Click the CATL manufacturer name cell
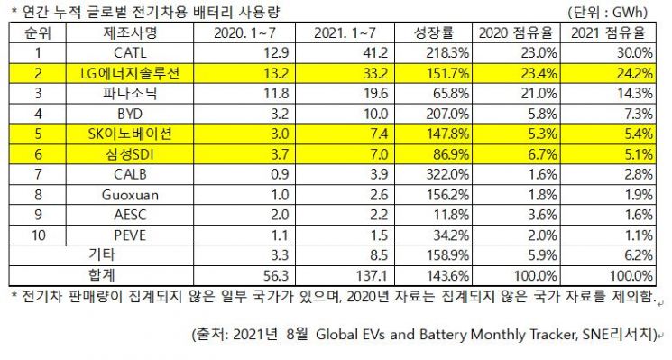pyautogui.click(x=130, y=52)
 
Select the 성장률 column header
pyautogui.click(x=433, y=32)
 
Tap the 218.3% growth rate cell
pyautogui.click(x=447, y=52)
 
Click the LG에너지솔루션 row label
pyautogui.click(x=130, y=73)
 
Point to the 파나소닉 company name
pyautogui.click(x=130, y=94)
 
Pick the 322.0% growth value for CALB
pyautogui.click(x=447, y=174)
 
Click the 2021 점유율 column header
pyautogui.click(x=608, y=32)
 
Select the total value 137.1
pyautogui.click(x=372, y=275)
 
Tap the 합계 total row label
pyautogui.click(x=102, y=274)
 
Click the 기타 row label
pyautogui.click(x=102, y=254)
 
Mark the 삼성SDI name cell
pyautogui.click(x=130, y=154)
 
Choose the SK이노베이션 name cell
pyautogui.click(x=130, y=134)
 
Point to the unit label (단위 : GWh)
pyautogui.click(x=608, y=12)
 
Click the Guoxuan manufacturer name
pyautogui.click(x=130, y=195)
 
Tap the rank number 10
pyautogui.click(x=38, y=235)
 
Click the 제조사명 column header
pyautogui.click(x=130, y=32)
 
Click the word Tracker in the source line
pyautogui.click(x=553, y=334)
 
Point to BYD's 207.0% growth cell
pyautogui.click(x=447, y=114)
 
